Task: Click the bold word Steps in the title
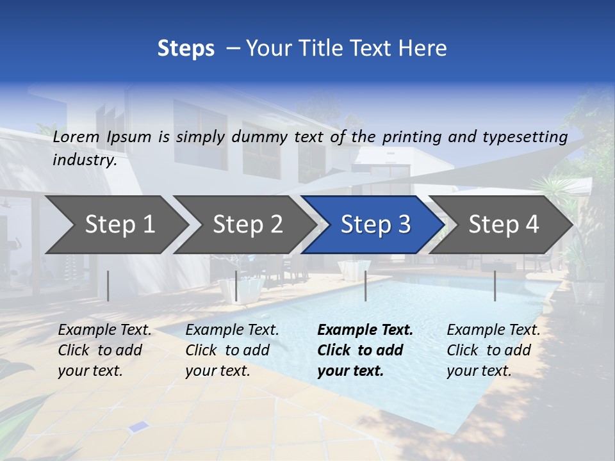(x=186, y=49)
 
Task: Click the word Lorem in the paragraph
(x=76, y=136)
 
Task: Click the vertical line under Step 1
(x=108, y=286)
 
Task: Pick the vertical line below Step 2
(x=236, y=286)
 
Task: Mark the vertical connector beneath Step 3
(x=365, y=286)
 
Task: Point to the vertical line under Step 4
(x=495, y=286)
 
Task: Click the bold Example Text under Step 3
(x=365, y=330)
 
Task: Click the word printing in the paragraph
(x=413, y=136)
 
